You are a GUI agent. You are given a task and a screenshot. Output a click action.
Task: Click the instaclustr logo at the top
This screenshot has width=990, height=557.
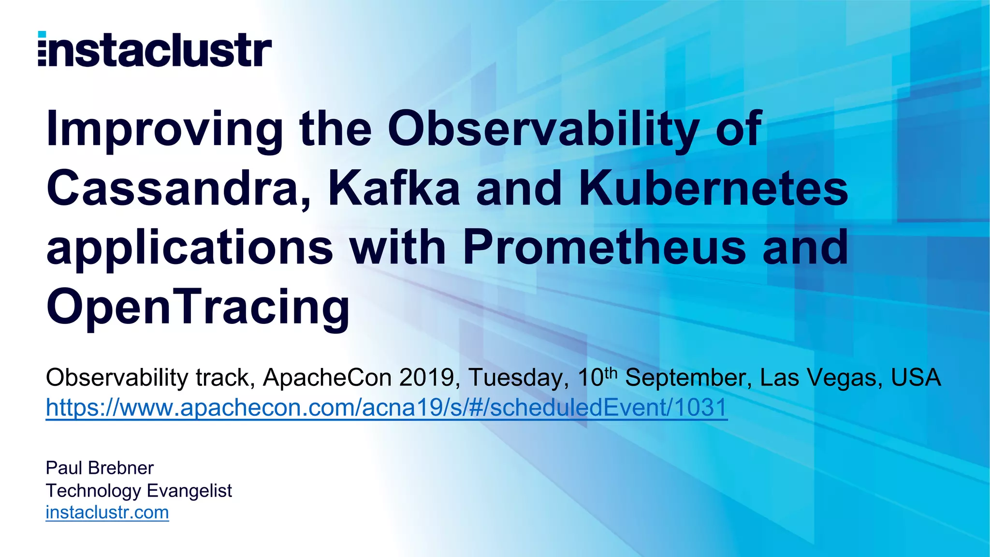(x=155, y=50)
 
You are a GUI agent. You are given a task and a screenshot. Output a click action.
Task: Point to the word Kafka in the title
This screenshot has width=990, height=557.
(x=393, y=189)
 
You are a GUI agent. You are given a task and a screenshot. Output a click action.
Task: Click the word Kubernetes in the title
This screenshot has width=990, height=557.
(x=713, y=189)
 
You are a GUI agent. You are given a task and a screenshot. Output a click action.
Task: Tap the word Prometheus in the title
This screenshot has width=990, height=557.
(x=604, y=248)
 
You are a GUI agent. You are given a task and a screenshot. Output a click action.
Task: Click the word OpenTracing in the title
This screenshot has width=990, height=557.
(x=198, y=308)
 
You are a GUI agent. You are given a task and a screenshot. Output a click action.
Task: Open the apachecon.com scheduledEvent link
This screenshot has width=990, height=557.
(x=386, y=408)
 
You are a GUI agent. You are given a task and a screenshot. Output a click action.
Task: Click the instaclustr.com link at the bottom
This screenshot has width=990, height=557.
(x=107, y=513)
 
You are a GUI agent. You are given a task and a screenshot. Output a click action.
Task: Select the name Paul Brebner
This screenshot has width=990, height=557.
(x=100, y=468)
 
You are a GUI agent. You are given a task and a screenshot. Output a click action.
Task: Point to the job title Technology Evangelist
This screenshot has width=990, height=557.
(x=139, y=491)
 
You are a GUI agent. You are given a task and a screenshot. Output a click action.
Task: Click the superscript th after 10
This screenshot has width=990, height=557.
(x=611, y=373)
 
